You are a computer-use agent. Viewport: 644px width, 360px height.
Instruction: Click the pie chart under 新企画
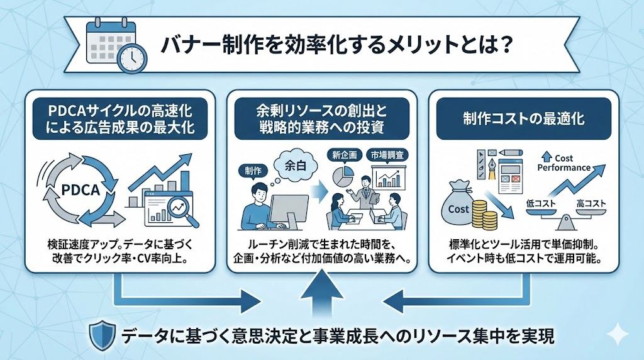340,177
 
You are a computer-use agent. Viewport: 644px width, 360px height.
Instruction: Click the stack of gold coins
486,215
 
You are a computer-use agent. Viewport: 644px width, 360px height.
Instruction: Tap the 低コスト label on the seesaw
540,204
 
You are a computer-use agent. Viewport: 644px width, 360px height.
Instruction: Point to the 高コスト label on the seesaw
594,204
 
